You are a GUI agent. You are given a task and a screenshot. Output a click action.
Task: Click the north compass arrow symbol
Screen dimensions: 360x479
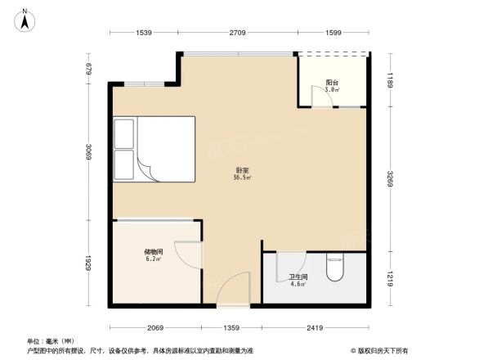[25, 19]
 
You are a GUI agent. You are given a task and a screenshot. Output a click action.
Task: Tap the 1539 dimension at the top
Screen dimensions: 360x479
[144, 33]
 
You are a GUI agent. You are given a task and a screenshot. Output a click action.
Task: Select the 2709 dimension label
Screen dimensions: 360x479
[238, 33]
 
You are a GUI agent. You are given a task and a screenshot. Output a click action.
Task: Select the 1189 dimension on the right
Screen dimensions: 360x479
[391, 79]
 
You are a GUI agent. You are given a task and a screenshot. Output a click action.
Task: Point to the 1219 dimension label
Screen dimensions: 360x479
[391, 277]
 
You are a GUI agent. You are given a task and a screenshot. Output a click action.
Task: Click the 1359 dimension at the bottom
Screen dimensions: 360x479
[233, 329]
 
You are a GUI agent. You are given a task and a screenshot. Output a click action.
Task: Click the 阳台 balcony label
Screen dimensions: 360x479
[332, 83]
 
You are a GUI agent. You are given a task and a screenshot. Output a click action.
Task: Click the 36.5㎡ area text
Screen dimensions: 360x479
[242, 178]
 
